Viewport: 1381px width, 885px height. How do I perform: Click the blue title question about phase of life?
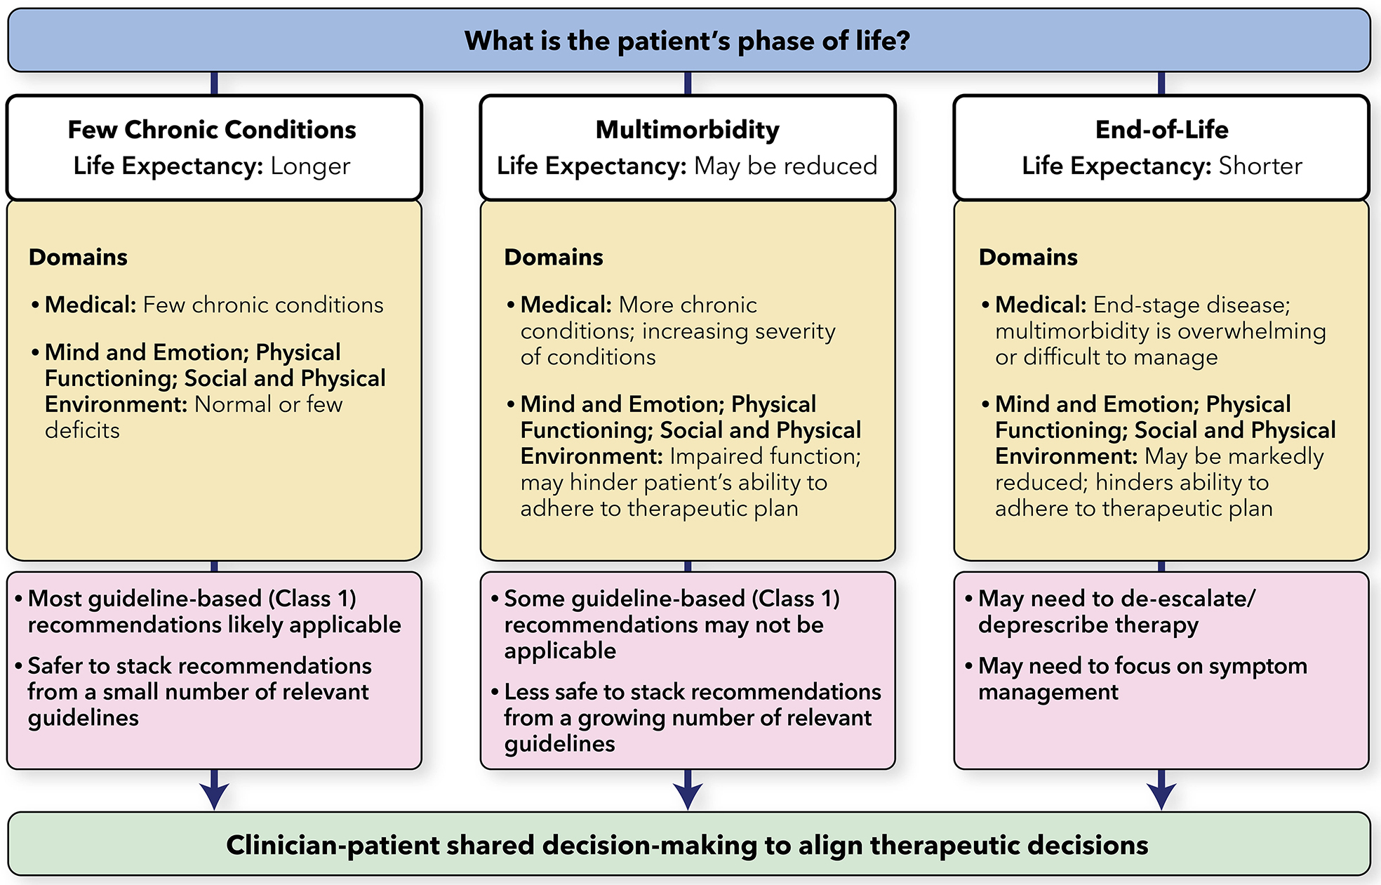pyautogui.click(x=687, y=41)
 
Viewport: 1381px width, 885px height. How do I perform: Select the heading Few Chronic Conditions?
pyautogui.click(x=212, y=130)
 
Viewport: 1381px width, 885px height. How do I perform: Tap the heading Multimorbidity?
pyautogui.click(x=687, y=130)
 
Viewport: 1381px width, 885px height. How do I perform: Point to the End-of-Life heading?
pyautogui.click(x=1161, y=130)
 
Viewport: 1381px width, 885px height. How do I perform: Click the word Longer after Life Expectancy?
pyautogui.click(x=310, y=166)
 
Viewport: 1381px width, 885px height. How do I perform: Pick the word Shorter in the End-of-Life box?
pyautogui.click(x=1260, y=166)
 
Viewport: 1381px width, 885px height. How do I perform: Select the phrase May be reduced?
pyautogui.click(x=785, y=166)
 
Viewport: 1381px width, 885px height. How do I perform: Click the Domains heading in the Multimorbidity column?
pyautogui.click(x=554, y=258)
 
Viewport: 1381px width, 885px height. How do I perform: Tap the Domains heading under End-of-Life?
pyautogui.click(x=1028, y=258)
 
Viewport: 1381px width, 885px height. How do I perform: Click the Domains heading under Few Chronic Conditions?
pyautogui.click(x=78, y=258)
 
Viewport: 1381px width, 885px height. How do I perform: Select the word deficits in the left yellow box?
pyautogui.click(x=82, y=430)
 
